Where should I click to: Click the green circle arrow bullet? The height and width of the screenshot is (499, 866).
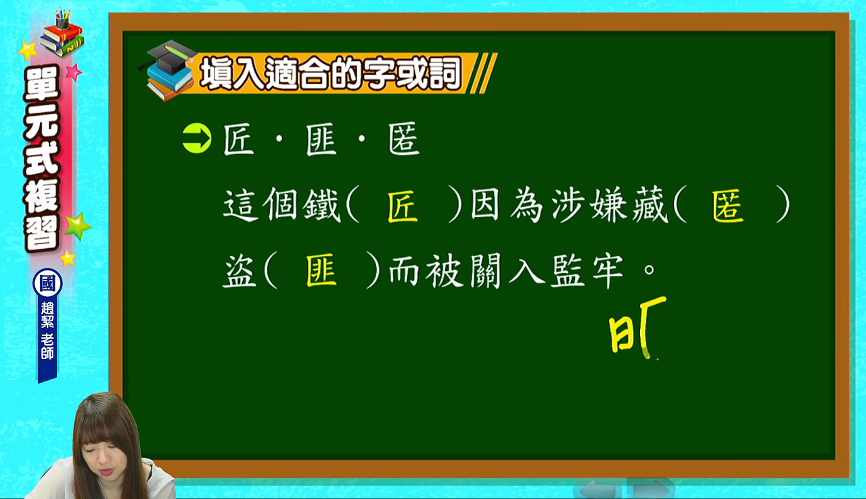pyautogui.click(x=197, y=138)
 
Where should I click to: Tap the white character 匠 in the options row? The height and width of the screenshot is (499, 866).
pyautogui.click(x=239, y=139)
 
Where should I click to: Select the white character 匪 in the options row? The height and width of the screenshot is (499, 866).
pyautogui.click(x=321, y=139)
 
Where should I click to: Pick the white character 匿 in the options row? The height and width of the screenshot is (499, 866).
pyautogui.click(x=404, y=139)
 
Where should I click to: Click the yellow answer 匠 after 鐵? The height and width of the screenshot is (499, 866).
pyautogui.click(x=403, y=206)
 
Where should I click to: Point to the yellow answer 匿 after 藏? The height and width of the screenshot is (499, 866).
pyautogui.click(x=728, y=206)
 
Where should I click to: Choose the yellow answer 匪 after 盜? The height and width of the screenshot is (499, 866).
pyautogui.click(x=321, y=270)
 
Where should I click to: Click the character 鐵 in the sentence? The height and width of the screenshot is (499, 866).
pyautogui.click(x=321, y=205)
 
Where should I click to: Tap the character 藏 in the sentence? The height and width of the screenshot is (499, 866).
pyautogui.click(x=650, y=205)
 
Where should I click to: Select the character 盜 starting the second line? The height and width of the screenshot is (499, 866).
pyautogui.click(x=240, y=270)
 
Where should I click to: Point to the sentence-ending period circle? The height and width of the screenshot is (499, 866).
pyautogui.click(x=649, y=269)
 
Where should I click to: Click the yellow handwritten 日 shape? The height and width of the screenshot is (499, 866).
pyautogui.click(x=621, y=335)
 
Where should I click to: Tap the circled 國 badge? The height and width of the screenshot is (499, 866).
pyautogui.click(x=47, y=283)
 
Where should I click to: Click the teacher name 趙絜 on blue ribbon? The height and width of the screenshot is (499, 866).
pyautogui.click(x=47, y=315)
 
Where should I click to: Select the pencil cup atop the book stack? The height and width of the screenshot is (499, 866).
pyautogui.click(x=63, y=20)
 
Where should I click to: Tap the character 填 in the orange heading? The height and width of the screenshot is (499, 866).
pyautogui.click(x=216, y=72)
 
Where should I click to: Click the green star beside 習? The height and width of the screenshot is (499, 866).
pyautogui.click(x=78, y=226)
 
